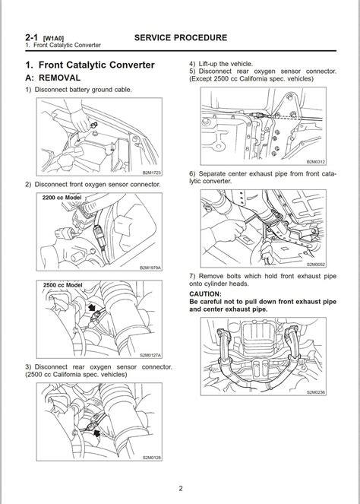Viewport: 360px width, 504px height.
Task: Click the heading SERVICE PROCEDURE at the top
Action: [x=181, y=37]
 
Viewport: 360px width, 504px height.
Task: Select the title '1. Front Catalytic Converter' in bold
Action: [x=90, y=65]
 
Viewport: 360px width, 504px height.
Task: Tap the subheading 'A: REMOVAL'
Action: [x=53, y=78]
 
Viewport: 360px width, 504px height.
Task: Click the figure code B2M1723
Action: [x=152, y=173]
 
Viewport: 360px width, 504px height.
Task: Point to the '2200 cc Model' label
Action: [x=62, y=198]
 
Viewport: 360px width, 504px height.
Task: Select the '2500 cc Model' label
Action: [x=62, y=285]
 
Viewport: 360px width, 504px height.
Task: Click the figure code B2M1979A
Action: [x=150, y=268]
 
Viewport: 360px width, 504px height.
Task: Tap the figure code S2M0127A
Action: [x=150, y=355]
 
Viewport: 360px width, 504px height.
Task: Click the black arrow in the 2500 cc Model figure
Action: [x=92, y=308]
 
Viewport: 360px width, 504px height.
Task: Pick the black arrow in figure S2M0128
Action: [x=96, y=435]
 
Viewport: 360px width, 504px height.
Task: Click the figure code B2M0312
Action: [x=316, y=162]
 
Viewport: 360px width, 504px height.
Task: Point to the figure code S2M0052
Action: [x=316, y=265]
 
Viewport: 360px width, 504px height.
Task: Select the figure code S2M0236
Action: [x=316, y=392]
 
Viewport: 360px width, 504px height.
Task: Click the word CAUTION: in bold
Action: [x=205, y=294]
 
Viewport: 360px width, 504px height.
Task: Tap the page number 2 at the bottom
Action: [x=181, y=489]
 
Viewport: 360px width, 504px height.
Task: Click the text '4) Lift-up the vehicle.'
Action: [x=221, y=64]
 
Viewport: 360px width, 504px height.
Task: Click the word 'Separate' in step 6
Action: [x=212, y=174]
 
